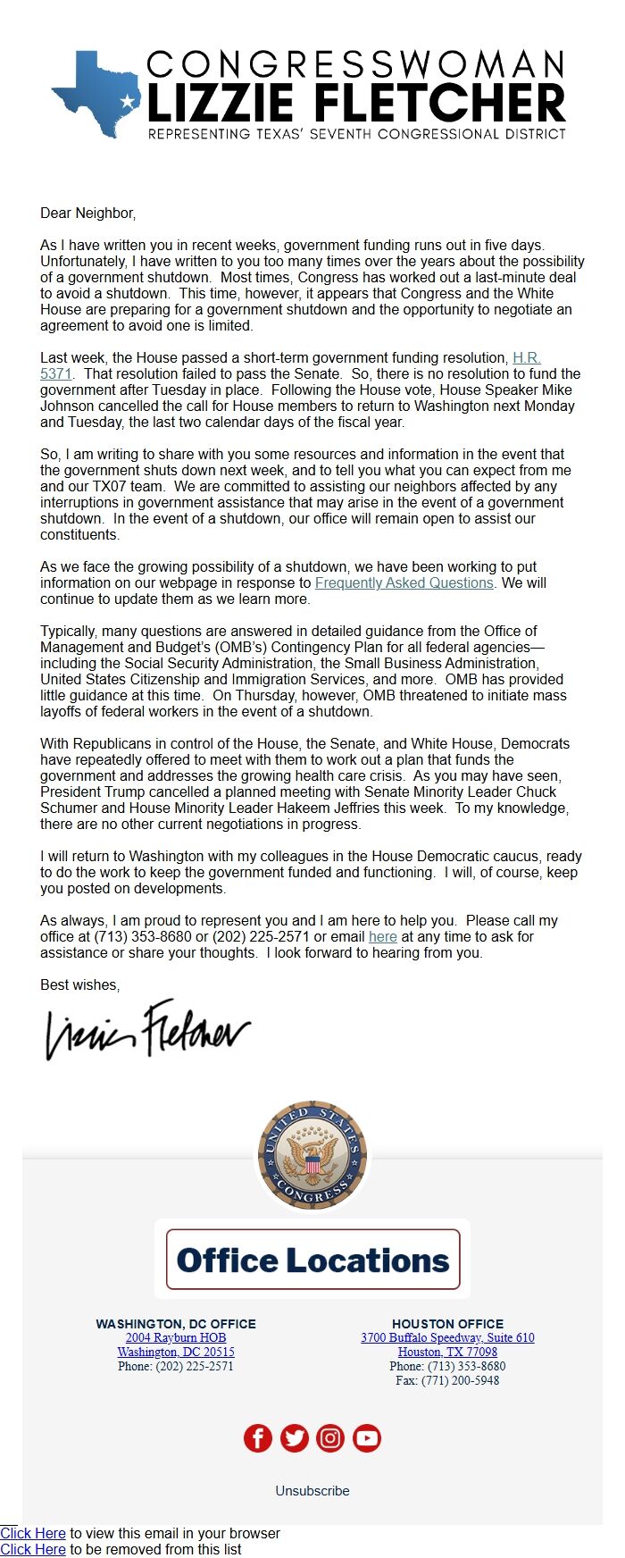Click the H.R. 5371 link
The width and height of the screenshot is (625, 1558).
[x=526, y=357]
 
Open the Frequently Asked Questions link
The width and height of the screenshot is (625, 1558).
[x=404, y=582]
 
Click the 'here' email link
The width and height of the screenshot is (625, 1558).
[x=382, y=936]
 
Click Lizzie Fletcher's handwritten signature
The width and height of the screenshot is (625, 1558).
[x=148, y=1029]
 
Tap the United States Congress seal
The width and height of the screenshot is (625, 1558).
[x=312, y=1154]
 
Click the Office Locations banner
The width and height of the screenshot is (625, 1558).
[x=312, y=1260]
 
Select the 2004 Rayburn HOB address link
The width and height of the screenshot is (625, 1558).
[x=176, y=1337]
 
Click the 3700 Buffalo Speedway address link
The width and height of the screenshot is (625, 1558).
[x=447, y=1337]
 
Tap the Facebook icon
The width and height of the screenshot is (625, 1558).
[x=258, y=1437]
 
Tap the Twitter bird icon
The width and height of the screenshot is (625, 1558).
[x=295, y=1437]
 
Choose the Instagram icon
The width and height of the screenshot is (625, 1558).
[x=330, y=1437]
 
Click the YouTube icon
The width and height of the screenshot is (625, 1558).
[x=367, y=1437]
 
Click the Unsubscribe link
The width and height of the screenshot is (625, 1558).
[x=312, y=1490]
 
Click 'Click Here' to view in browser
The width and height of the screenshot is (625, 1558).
[x=33, y=1533]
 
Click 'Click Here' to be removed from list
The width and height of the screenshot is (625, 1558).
[x=33, y=1549]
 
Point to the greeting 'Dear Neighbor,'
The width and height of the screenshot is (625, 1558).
[x=87, y=213]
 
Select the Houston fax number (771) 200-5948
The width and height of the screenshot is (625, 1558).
[x=447, y=1380]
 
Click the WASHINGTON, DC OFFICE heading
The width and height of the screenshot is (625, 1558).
[x=176, y=1323]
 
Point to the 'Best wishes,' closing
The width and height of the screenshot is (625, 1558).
[x=79, y=984]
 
